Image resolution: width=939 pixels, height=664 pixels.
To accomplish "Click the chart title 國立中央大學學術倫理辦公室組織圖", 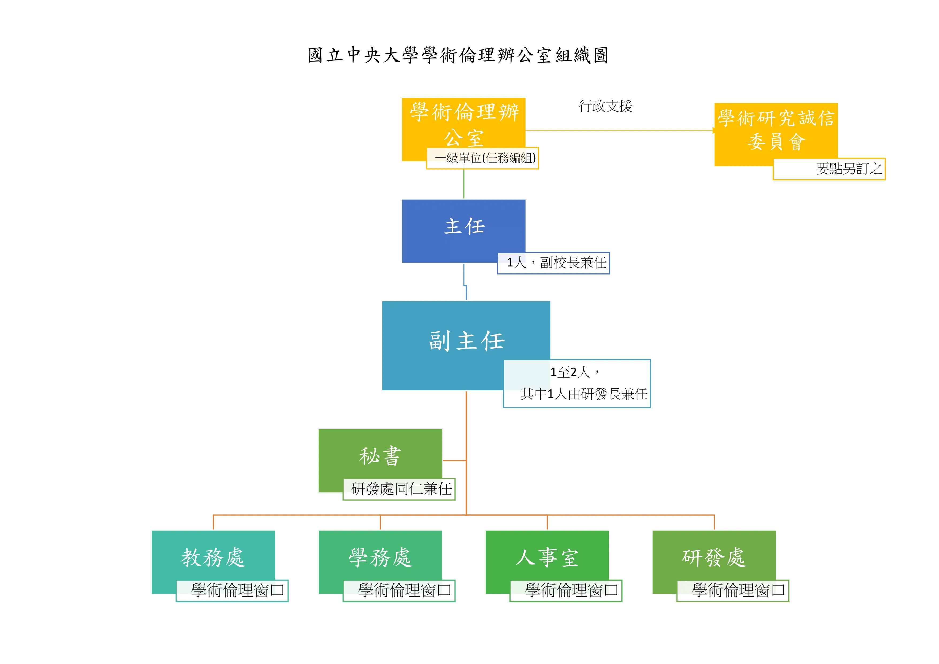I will [458, 55].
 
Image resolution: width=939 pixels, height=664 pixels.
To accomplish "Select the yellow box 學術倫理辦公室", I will [463, 123].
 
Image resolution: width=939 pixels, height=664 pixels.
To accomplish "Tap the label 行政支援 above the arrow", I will [605, 106].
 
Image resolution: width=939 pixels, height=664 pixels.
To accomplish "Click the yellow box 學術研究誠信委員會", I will [776, 130].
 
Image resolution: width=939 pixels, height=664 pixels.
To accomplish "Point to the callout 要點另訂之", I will [829, 169].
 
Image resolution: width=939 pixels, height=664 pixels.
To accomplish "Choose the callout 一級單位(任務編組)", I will [482, 158].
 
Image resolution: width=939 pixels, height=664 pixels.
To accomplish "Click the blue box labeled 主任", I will [463, 227].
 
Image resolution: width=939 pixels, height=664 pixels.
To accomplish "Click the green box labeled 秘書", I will [380, 456].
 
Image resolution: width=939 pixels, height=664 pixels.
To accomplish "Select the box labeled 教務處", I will [213, 557].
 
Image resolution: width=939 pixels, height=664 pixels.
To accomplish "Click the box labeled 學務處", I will [380, 557].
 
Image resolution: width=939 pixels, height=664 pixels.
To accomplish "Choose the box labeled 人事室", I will [547, 557].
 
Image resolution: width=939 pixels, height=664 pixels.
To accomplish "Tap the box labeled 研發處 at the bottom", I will [714, 557].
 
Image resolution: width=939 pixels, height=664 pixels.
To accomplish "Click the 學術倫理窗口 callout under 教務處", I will [232, 590].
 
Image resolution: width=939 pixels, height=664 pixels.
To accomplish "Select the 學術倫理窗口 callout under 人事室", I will [566, 590].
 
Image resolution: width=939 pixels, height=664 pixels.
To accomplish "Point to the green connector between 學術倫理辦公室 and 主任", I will [464, 184].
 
